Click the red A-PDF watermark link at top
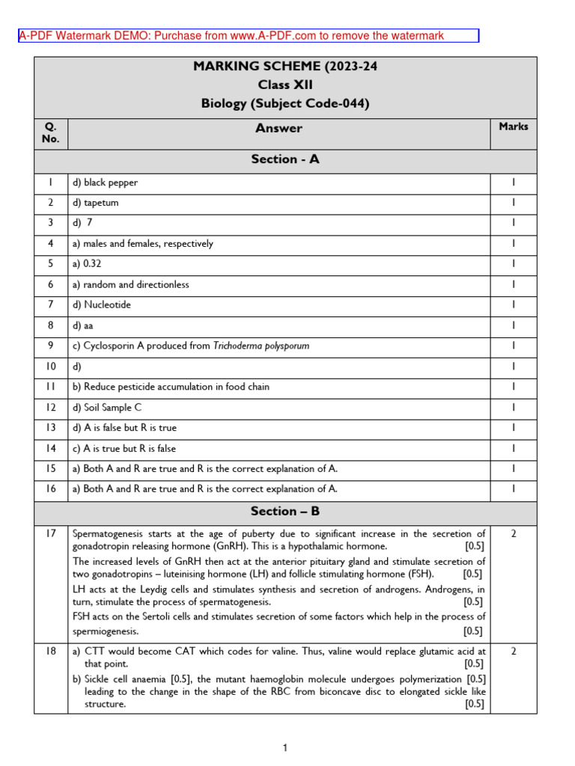231,36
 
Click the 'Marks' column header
513,126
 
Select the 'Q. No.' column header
50,132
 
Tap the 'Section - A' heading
285,159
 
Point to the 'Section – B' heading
285,511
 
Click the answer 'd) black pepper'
105,183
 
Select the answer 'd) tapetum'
95,203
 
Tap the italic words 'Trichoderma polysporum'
261,346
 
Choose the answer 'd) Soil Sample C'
107,408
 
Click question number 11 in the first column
50,387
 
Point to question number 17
50,534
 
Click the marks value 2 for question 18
513,652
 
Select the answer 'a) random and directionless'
130,284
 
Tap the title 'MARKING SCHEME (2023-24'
285,67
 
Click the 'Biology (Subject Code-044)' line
285,104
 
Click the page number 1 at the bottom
285,748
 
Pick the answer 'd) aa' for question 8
83,326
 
